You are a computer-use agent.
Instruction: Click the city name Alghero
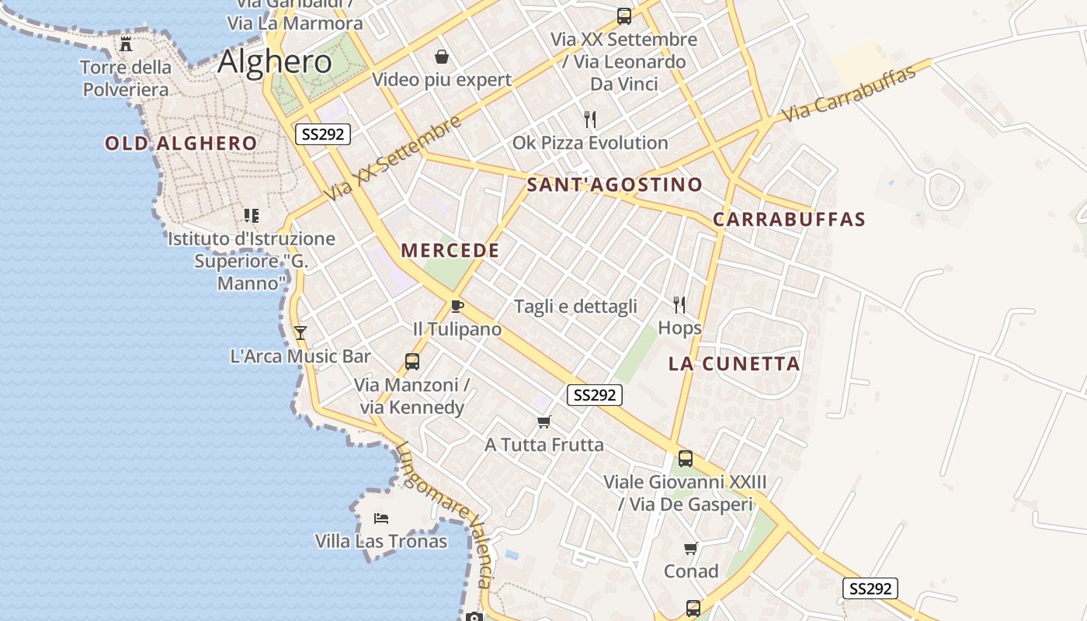point(275,61)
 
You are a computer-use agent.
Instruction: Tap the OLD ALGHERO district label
point(181,143)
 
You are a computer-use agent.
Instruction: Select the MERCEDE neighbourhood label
point(450,250)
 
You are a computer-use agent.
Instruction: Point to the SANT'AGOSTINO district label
point(614,185)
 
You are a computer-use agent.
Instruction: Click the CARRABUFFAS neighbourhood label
point(789,219)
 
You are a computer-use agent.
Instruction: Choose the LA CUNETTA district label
point(734,363)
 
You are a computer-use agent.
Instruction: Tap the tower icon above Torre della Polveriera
point(126,43)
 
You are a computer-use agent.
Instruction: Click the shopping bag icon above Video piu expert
point(442,57)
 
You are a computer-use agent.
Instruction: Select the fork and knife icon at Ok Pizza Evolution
point(590,120)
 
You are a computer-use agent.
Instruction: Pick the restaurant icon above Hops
point(679,304)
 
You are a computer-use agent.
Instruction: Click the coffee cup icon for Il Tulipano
point(457,306)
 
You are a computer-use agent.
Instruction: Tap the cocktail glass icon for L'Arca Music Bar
point(300,333)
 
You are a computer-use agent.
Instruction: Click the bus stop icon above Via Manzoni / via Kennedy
point(412,361)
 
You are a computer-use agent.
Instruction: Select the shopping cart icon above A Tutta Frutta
point(543,422)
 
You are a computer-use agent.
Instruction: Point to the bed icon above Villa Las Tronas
point(380,518)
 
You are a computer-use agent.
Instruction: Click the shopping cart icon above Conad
point(690,549)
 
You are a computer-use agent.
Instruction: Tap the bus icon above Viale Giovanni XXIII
point(685,458)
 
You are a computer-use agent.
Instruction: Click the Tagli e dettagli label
point(575,307)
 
